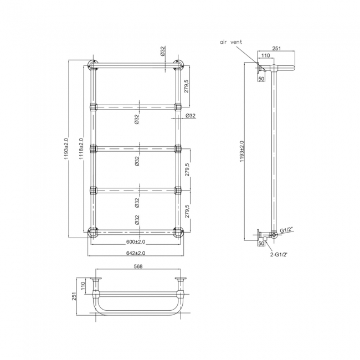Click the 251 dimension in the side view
click(276, 49)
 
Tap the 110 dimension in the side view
click(265, 56)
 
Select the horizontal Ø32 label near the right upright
click(191, 116)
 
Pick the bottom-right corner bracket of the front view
click(179, 233)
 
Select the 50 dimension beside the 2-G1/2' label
click(261, 243)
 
